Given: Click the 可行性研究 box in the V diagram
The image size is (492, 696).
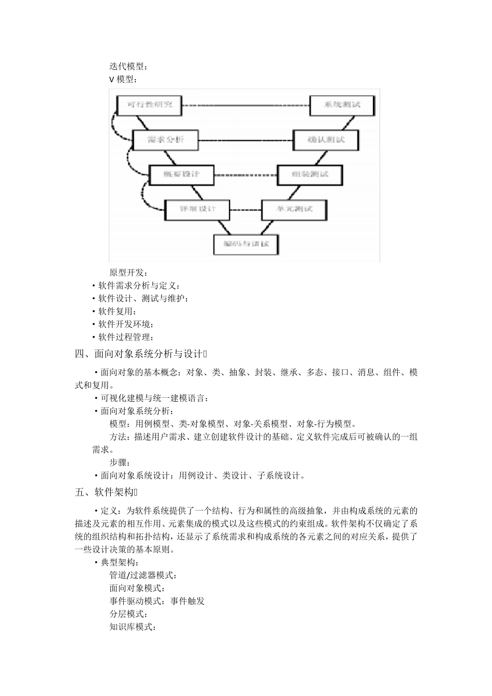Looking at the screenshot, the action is pyautogui.click(x=150, y=105).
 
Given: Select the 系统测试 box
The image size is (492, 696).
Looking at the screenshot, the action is pyautogui.click(x=342, y=105).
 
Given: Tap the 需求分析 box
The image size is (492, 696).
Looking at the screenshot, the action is pyautogui.click(x=166, y=140).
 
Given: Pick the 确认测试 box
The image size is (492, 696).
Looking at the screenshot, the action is pyautogui.click(x=326, y=140).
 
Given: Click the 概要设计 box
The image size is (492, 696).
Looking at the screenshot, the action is pyautogui.click(x=181, y=175).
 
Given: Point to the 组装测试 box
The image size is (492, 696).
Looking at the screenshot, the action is pyautogui.click(x=310, y=175).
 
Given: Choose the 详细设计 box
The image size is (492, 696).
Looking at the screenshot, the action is pyautogui.click(x=197, y=209).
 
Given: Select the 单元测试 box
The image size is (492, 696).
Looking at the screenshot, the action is pyautogui.click(x=294, y=209).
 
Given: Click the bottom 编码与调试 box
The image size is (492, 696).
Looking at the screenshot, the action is pyautogui.click(x=246, y=244).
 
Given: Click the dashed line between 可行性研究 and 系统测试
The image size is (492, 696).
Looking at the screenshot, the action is pyautogui.click(x=245, y=105).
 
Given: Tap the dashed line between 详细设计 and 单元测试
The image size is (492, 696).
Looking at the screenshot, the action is pyautogui.click(x=245, y=210).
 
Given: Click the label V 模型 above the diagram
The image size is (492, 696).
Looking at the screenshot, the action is pyautogui.click(x=123, y=79).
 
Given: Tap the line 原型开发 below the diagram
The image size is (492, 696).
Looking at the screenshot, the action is pyautogui.click(x=128, y=272).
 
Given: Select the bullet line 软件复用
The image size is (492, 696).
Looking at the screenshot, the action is pyautogui.click(x=118, y=311).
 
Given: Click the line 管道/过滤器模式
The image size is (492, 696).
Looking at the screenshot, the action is pyautogui.click(x=143, y=575).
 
